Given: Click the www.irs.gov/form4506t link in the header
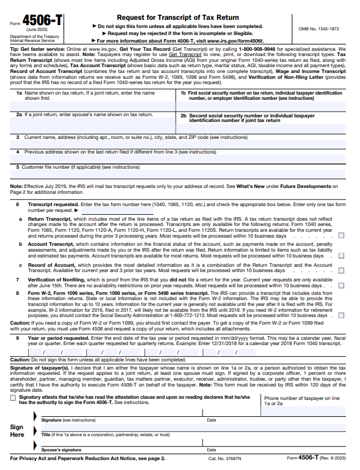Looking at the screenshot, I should tap(232, 41).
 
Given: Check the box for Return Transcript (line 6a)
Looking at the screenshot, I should tap(341, 236).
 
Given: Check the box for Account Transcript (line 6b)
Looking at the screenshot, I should tap(341, 256).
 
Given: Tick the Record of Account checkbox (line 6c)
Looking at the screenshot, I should tap(341, 271).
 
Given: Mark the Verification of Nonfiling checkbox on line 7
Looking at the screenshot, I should tap(341, 286).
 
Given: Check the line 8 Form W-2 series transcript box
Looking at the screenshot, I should tap(341, 316).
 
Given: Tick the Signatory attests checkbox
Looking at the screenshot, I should tap(13, 398).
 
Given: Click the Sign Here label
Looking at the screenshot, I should tap(18, 431).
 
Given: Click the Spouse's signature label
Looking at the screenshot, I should tap(61, 450).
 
